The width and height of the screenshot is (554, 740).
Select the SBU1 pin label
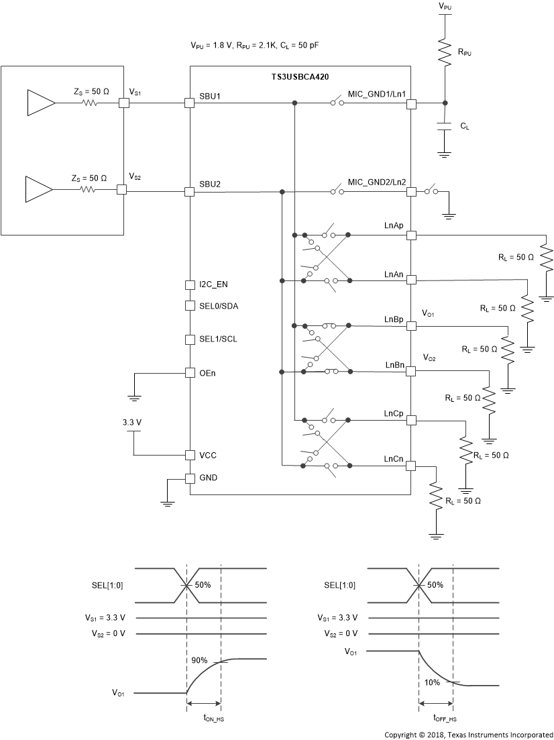coord(211,97)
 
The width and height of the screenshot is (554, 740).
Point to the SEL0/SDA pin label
coord(219,306)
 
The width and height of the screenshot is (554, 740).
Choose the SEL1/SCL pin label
coord(219,339)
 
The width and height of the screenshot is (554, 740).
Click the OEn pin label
coord(208,372)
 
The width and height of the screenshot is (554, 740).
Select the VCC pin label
coord(208,455)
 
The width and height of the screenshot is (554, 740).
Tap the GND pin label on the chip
coord(209,478)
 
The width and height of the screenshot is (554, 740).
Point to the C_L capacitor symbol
coord(444,127)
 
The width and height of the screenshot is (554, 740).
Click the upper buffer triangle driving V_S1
coord(40,103)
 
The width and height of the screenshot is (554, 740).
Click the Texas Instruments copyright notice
coord(469,734)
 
